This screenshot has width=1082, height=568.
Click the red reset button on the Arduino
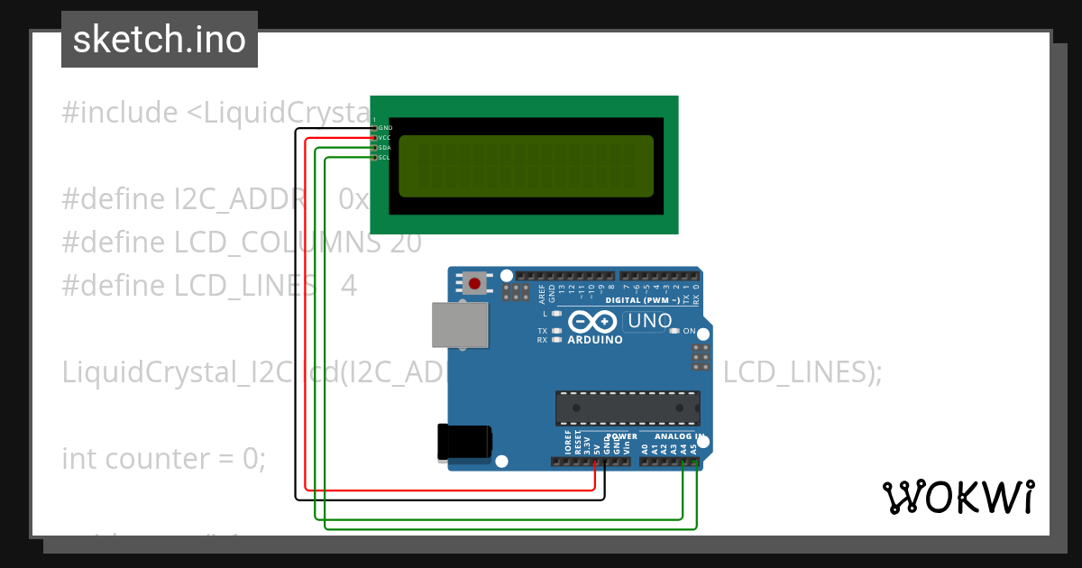474,284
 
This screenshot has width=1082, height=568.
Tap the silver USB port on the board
460,325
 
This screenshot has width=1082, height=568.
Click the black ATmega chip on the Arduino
628,408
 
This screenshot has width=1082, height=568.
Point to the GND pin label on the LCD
385,128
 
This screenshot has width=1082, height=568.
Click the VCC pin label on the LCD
385,138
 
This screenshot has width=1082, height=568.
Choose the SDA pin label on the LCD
385,148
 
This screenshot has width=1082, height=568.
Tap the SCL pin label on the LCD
385,158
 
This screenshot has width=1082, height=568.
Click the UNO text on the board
650,321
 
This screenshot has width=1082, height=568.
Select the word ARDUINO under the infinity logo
595,341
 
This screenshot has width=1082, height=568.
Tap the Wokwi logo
958,497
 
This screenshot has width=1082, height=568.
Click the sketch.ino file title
160,40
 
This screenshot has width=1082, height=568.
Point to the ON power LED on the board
674,331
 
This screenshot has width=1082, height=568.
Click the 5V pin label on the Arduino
597,446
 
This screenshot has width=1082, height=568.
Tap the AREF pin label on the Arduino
541,293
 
